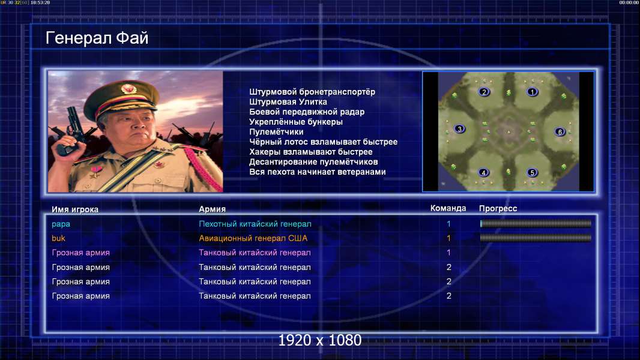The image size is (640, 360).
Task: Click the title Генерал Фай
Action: coord(97,38)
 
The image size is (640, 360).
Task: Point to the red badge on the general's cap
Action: coord(128,89)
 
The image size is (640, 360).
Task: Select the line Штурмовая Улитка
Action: coord(288,102)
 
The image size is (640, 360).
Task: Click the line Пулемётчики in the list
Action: coord(276,132)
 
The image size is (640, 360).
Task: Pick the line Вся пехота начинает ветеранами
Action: coord(318,172)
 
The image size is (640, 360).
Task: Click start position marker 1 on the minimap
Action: coord(532,92)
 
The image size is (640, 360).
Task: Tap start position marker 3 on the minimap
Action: coord(460,129)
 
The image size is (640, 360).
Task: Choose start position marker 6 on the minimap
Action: coord(560,131)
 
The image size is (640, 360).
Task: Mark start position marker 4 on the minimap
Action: coord(483,172)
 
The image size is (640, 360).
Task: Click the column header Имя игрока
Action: coord(74,209)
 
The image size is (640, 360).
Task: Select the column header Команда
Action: coord(448,208)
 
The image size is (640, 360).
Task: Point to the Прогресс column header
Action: coord(498,209)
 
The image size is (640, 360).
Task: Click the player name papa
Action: coord(61,224)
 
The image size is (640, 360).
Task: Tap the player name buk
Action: coord(58,238)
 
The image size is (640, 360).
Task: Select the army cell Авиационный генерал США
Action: coord(253,238)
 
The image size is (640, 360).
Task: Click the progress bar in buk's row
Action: coord(536,238)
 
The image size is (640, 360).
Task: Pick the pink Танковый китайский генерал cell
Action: coord(255,253)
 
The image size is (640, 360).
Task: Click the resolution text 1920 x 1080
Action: coord(320,340)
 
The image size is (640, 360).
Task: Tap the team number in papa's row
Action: coord(448,224)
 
